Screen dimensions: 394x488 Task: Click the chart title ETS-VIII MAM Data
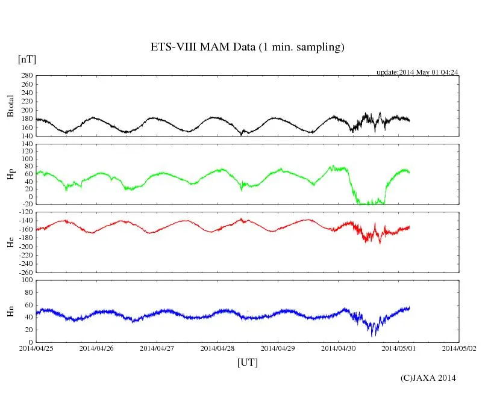click(247, 48)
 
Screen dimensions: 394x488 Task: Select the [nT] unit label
click(27, 59)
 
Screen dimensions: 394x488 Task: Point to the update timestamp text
click(418, 72)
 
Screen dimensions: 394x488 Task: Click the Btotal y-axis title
click(10, 106)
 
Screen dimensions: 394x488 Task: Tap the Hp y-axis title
click(10, 174)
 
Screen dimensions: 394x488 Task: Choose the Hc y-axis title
click(10, 242)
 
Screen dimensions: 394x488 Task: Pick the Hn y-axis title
click(10, 311)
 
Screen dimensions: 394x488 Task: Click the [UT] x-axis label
click(248, 362)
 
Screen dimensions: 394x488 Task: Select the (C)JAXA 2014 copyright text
click(428, 378)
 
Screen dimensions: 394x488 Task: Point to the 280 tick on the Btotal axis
click(27, 76)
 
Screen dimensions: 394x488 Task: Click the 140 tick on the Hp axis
click(27, 144)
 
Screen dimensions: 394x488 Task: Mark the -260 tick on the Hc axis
click(25, 272)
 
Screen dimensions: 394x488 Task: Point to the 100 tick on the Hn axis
click(27, 280)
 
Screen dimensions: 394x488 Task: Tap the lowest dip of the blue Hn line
click(373, 336)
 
